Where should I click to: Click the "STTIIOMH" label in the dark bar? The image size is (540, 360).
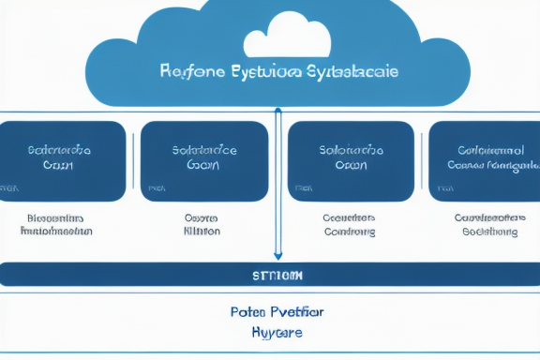coord(278,276)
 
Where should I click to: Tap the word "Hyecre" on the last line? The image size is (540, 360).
coord(277,332)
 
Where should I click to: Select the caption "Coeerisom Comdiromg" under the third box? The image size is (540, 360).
coord(349,224)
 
